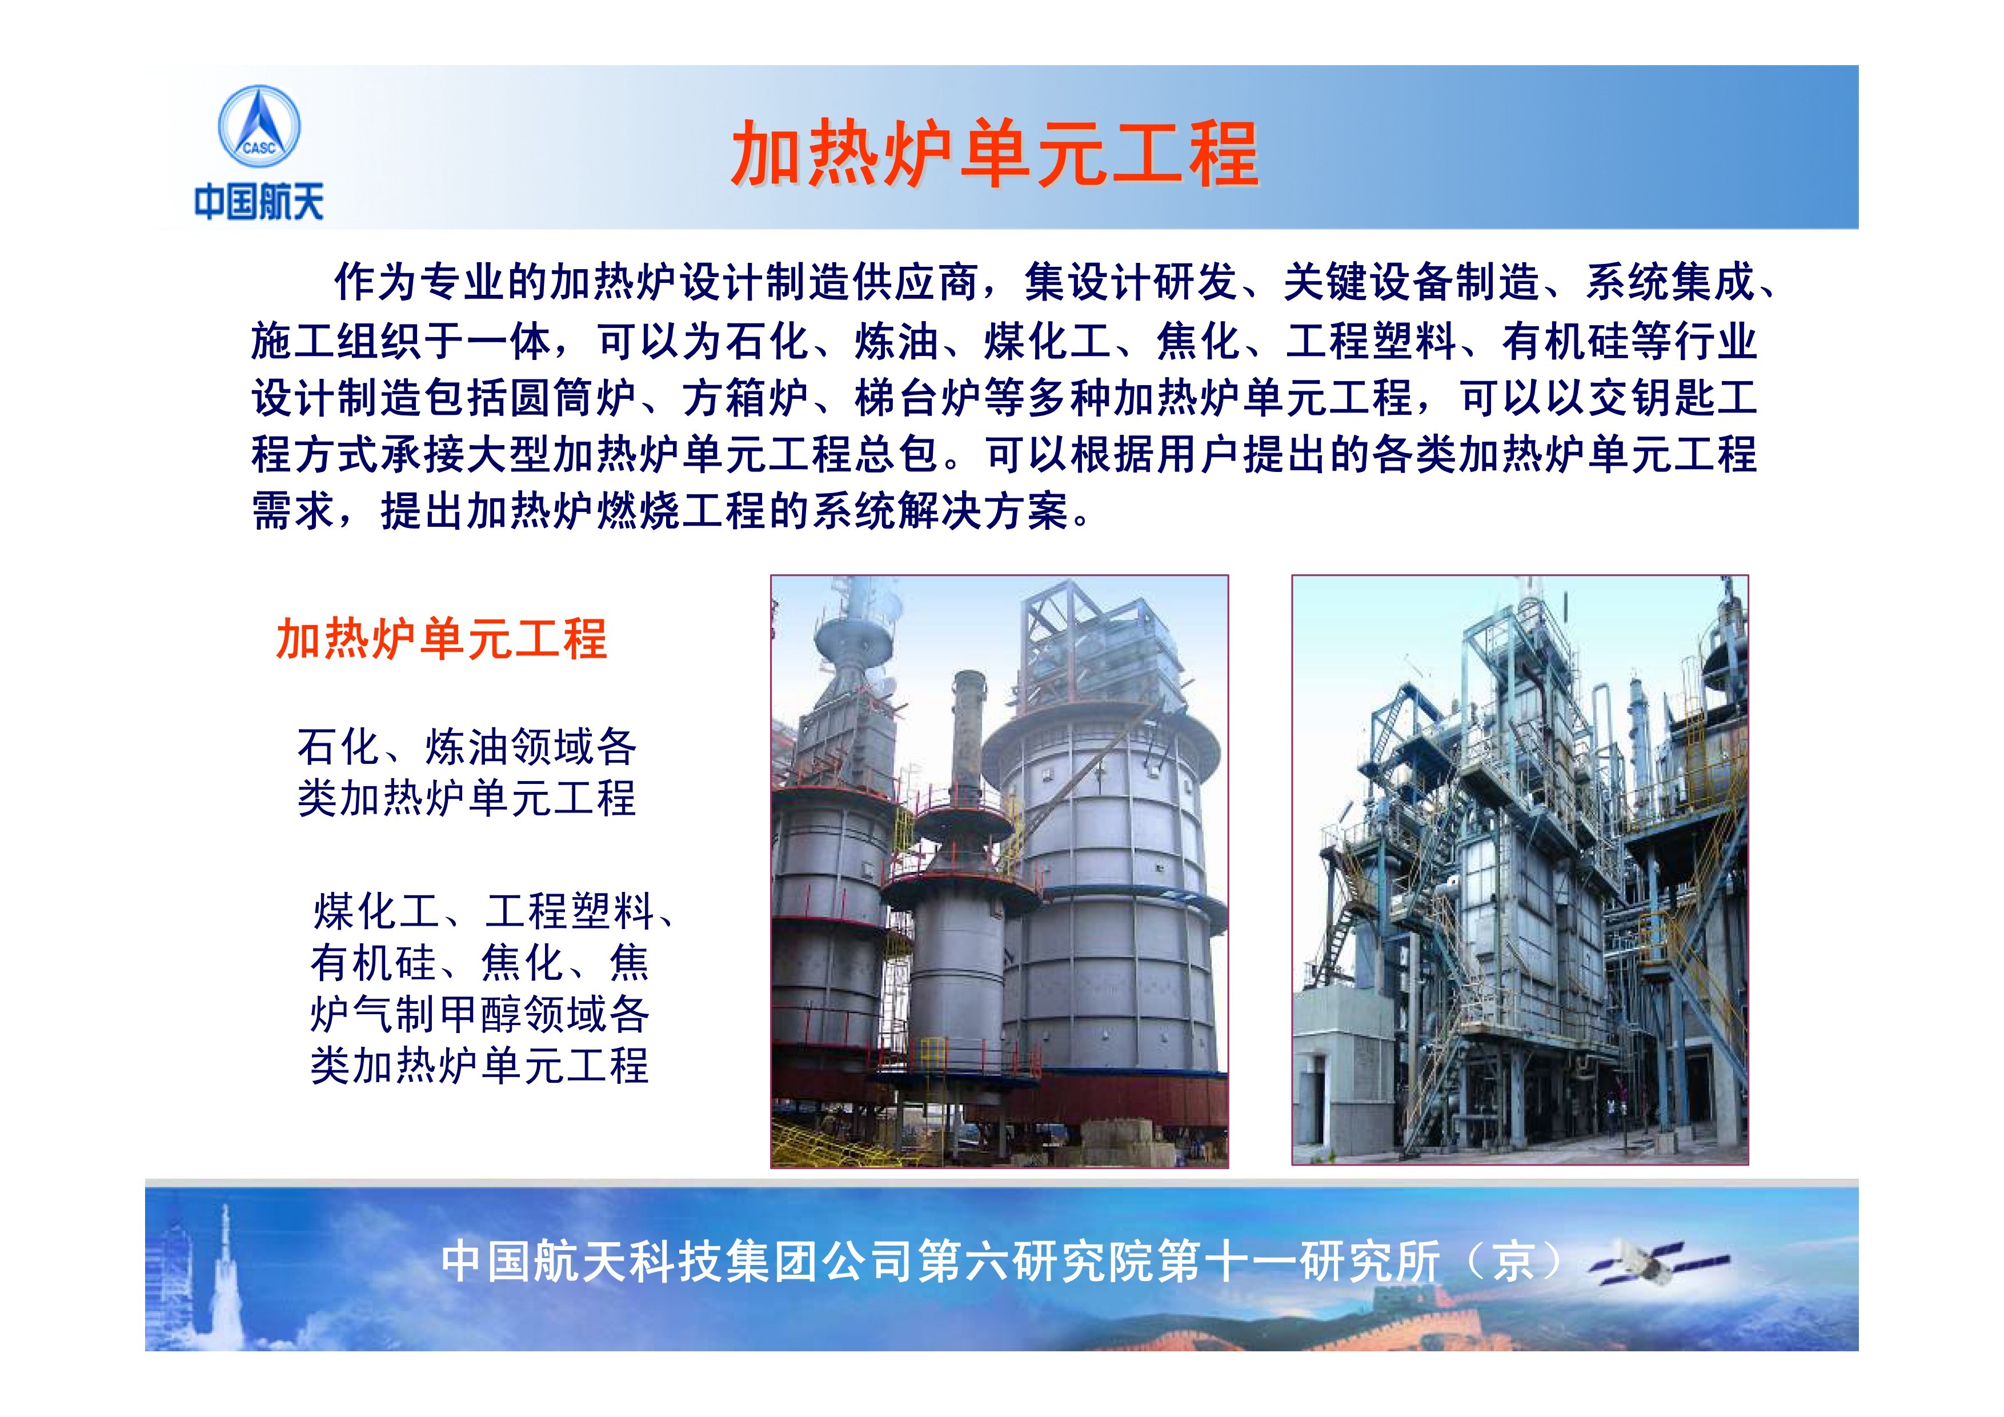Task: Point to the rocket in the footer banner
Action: [x=225, y=1266]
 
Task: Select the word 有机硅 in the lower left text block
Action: [x=374, y=963]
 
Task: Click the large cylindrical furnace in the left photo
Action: [x=1108, y=899]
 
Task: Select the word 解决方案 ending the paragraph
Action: [x=983, y=511]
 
